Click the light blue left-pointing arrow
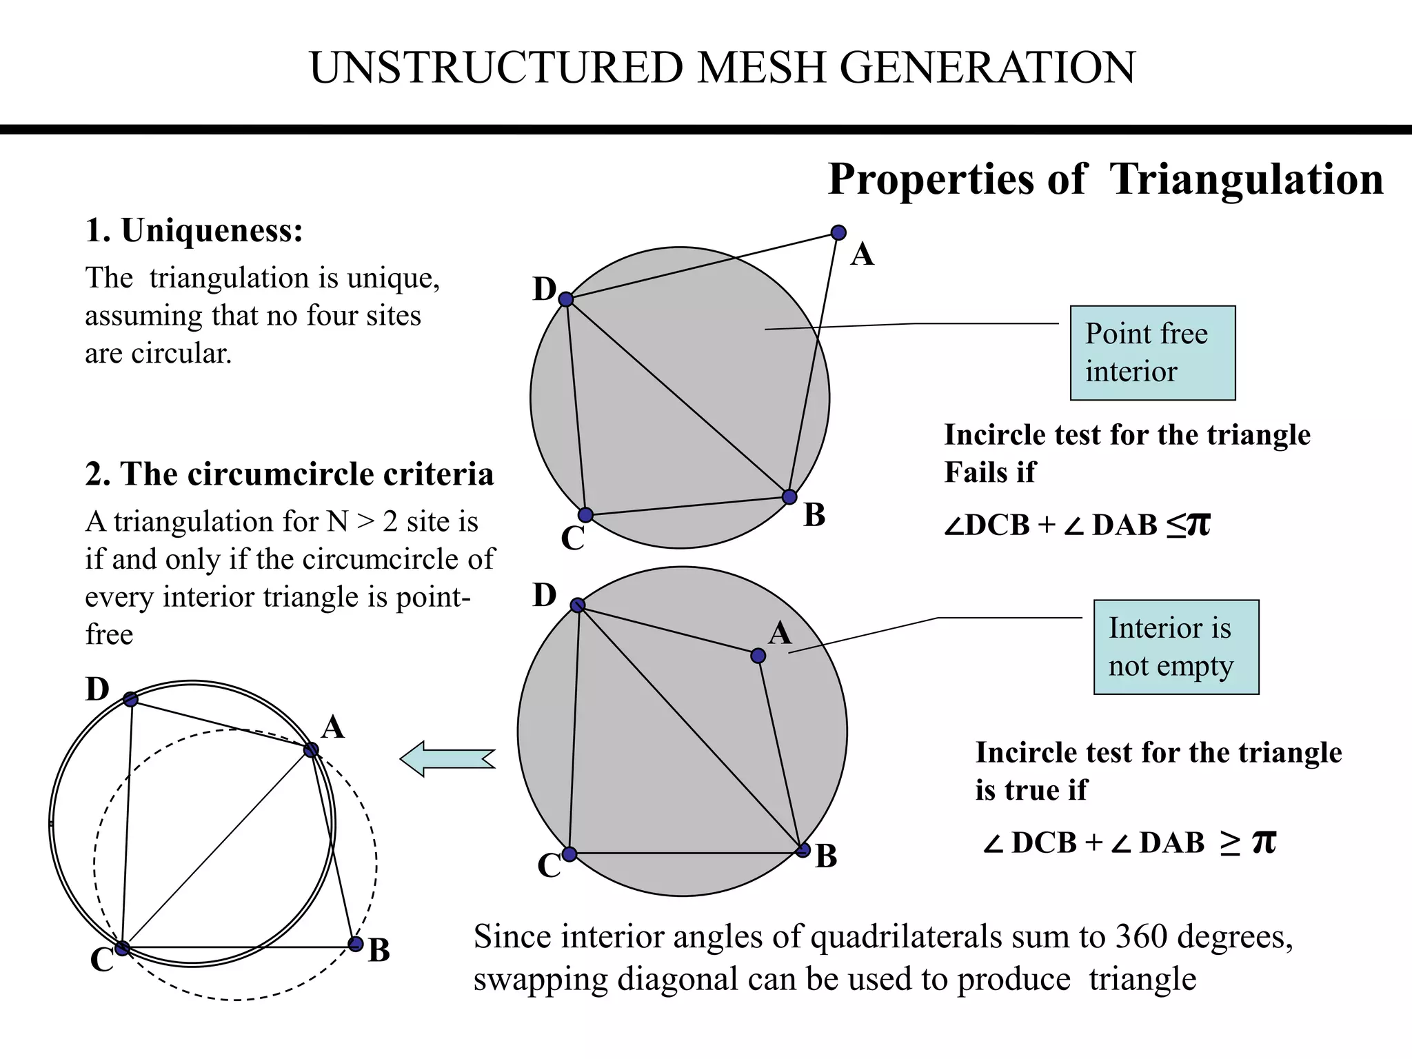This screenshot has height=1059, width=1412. tap(447, 758)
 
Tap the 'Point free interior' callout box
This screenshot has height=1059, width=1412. tap(1152, 352)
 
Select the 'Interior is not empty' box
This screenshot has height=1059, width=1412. tap(1176, 647)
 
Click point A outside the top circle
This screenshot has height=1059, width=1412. tap(838, 233)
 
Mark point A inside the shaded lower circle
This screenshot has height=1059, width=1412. tap(758, 656)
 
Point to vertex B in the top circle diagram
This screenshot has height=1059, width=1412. tap(789, 497)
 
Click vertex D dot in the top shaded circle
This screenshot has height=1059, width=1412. tap(566, 299)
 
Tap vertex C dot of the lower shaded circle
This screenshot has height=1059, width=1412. tap(569, 854)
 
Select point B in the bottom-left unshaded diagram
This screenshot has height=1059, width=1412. tap(355, 944)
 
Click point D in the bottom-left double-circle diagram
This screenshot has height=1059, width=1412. tap(130, 699)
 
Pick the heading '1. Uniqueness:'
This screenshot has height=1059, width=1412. tap(194, 230)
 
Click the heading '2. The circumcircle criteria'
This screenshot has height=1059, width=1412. tap(290, 474)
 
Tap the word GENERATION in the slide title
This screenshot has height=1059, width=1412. tap(987, 68)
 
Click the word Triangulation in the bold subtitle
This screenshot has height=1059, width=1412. tap(1246, 179)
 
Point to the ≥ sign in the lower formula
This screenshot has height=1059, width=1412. tap(1229, 843)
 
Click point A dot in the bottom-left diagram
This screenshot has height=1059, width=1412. tap(311, 749)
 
